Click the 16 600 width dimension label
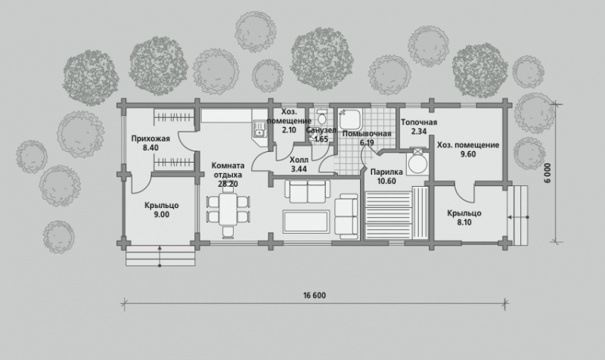(315, 296)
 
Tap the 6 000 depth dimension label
(548, 173)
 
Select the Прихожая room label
(150, 138)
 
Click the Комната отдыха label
(228, 170)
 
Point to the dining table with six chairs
(228, 214)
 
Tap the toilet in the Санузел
(321, 116)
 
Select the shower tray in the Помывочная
(349, 119)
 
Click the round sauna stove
(417, 163)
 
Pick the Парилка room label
(386, 172)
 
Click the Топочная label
(419, 123)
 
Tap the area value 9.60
(467, 154)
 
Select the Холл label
(299, 160)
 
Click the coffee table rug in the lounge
(306, 222)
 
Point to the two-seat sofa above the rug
(308, 191)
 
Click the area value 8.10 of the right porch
(464, 222)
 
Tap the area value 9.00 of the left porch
(161, 215)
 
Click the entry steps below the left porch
(160, 256)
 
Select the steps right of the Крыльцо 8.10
(517, 216)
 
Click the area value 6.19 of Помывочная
(367, 143)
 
